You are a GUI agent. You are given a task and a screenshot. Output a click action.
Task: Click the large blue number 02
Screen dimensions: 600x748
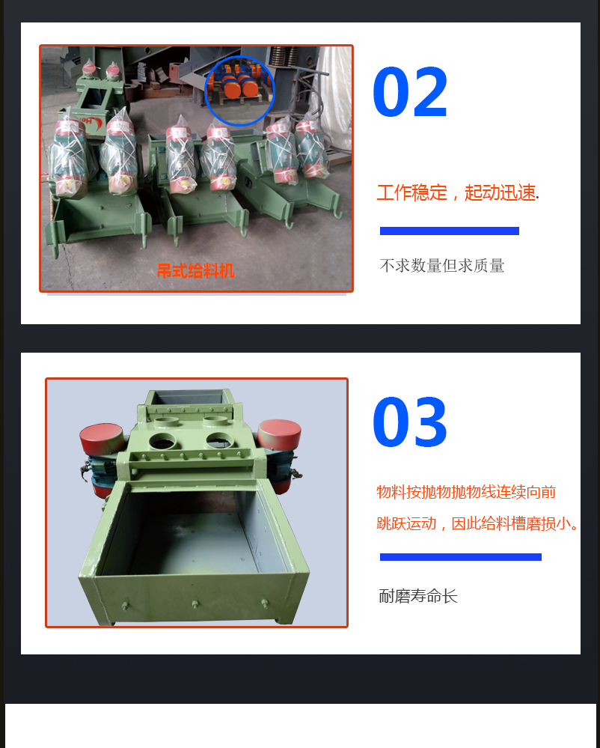[410, 92]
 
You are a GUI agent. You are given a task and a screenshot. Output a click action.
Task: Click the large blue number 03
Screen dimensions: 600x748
[410, 422]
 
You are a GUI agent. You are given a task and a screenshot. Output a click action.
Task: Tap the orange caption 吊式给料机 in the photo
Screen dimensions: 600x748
[196, 271]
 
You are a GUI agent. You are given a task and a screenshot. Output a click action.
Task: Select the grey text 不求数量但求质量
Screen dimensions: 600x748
[442, 266]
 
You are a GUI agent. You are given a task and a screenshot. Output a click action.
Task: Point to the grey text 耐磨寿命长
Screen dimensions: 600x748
[418, 596]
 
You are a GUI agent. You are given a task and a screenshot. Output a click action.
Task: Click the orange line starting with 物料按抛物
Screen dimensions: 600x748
[466, 492]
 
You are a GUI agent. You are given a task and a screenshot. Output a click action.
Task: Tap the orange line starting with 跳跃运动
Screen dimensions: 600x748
[477, 524]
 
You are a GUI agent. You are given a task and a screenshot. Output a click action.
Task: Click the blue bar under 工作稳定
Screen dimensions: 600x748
[450, 231]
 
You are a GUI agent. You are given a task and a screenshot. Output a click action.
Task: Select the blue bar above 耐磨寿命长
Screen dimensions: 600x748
[460, 557]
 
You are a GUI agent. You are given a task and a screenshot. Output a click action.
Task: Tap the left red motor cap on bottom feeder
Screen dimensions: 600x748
[102, 438]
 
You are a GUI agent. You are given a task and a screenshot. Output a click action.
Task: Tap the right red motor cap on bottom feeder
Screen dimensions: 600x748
[279, 433]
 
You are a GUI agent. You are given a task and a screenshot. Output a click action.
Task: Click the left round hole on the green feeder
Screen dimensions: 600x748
[162, 441]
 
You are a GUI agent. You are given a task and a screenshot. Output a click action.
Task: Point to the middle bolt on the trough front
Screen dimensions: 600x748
[195, 604]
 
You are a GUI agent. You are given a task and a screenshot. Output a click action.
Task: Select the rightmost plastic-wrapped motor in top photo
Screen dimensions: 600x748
[312, 148]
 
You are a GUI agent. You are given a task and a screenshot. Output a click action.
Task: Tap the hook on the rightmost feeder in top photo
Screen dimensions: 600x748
[337, 209]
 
